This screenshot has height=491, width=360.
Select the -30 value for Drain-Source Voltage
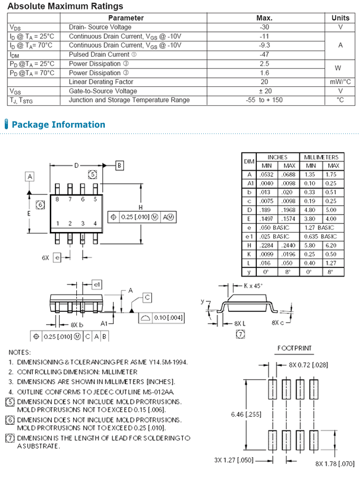[264, 27]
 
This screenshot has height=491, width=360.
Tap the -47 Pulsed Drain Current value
[264, 55]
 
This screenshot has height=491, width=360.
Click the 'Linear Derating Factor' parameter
[101, 82]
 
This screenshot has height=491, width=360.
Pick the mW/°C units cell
[340, 82]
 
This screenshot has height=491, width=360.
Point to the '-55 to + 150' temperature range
[264, 100]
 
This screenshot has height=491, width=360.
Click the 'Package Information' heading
[58, 125]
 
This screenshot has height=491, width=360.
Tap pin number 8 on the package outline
[57, 199]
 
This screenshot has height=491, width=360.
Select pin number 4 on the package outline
[95, 224]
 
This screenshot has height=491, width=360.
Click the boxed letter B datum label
[120, 166]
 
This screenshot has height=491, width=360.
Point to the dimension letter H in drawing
[140, 207]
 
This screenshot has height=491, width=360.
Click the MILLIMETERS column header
[321, 157]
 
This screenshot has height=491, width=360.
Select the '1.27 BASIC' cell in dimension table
[321, 227]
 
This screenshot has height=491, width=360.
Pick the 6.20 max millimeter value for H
[331, 245]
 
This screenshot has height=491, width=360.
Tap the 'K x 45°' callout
[253, 285]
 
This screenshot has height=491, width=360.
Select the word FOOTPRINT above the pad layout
[294, 349]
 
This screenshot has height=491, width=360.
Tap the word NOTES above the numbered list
[20, 352]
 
